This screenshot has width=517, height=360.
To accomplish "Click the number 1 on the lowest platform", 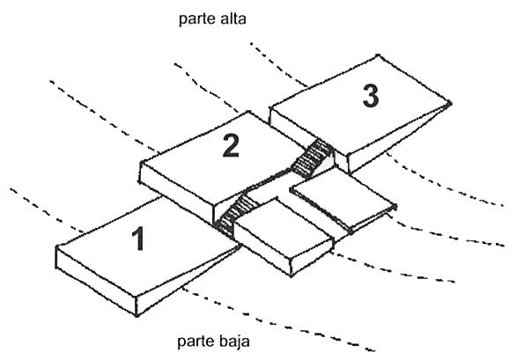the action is point(139,239).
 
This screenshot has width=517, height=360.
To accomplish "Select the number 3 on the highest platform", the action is point(371,96).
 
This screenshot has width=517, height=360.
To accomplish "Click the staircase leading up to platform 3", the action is point(312,158).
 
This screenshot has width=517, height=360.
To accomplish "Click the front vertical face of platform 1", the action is point(96,281).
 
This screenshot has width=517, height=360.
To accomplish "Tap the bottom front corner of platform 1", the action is point(137,316).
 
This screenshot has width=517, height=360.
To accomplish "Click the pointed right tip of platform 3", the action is point(450,103).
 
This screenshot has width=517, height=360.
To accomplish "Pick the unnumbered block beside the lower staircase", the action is point(283,236).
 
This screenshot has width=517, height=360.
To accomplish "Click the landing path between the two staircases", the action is point(269,182).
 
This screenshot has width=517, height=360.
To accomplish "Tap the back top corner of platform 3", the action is point(378,55).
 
